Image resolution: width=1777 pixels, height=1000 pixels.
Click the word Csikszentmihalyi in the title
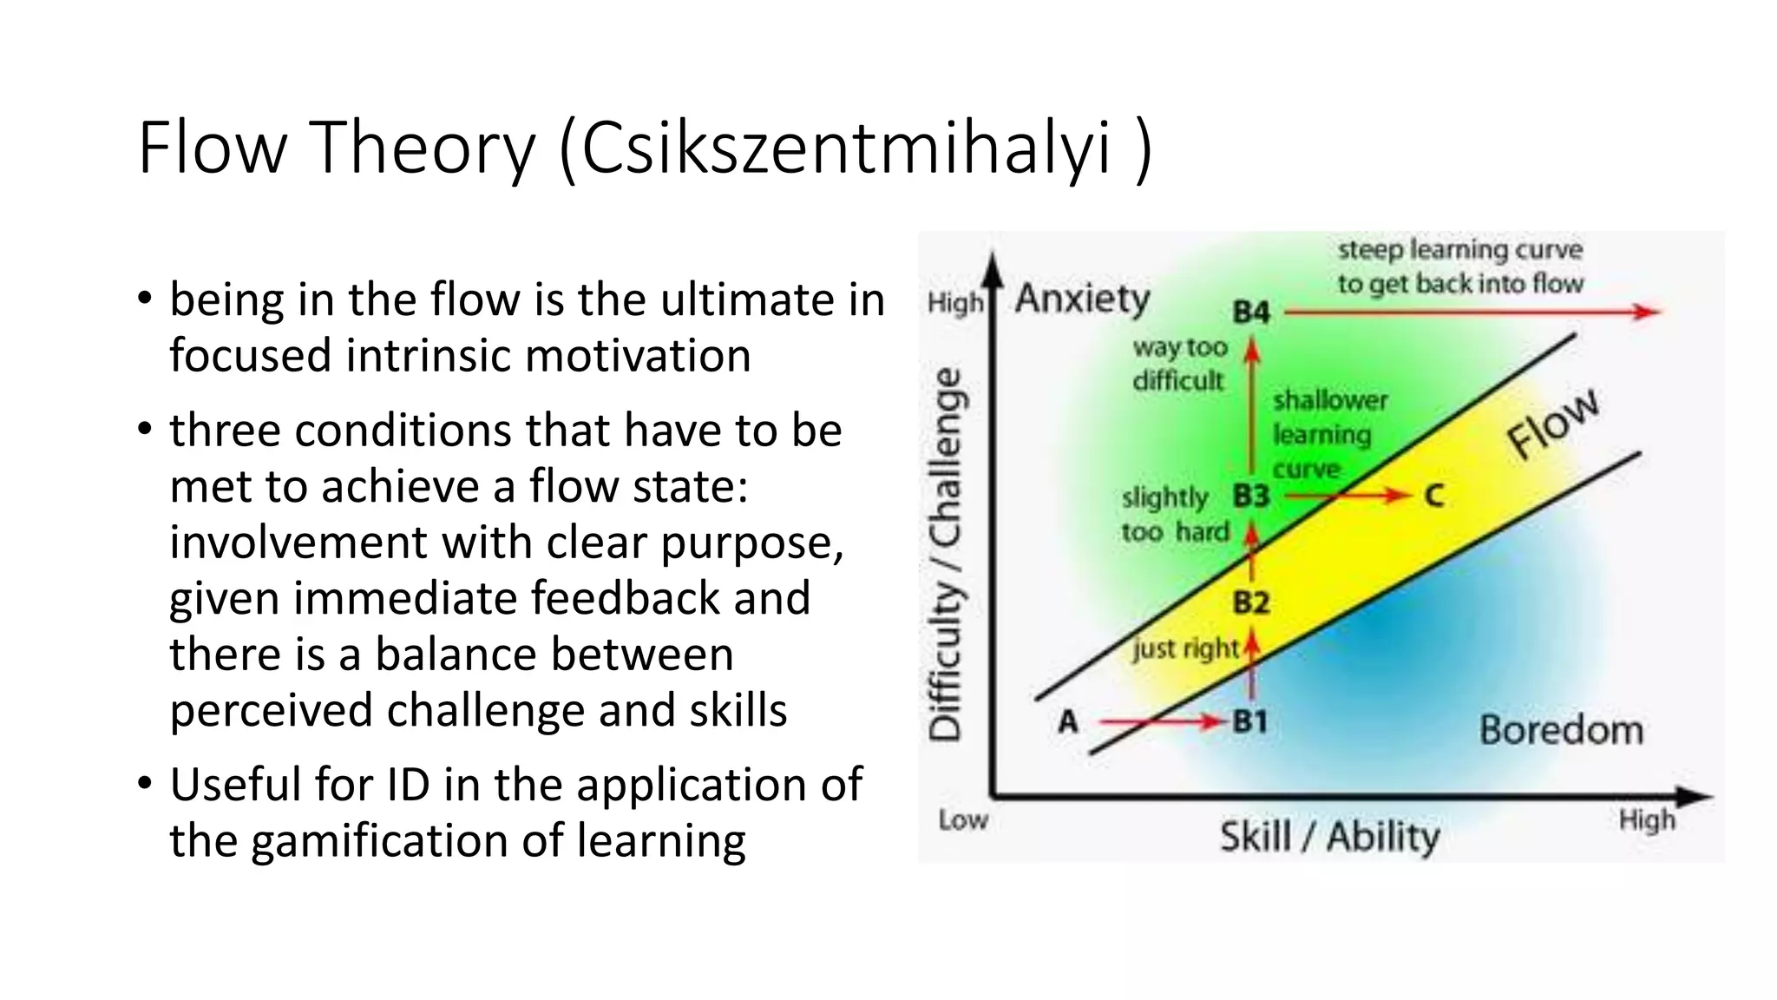[846, 149]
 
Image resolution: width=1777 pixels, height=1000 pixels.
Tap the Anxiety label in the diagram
[1082, 299]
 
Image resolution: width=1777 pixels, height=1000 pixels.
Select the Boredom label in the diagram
[1561, 730]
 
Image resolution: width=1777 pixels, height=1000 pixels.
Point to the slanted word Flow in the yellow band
[1552, 423]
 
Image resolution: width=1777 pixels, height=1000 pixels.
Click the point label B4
[1250, 312]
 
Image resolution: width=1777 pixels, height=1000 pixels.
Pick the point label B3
[1250, 497]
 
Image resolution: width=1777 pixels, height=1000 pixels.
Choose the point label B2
[1250, 602]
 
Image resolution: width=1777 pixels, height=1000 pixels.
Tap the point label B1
[1249, 721]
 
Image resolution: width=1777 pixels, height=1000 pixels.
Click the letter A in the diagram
[1068, 721]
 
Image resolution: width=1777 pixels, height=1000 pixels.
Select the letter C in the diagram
[1433, 497]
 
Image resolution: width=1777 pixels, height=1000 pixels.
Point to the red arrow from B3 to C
[1345, 497]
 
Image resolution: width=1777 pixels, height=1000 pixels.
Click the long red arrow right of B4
[1471, 312]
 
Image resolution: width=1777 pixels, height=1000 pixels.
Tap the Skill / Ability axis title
[1329, 837]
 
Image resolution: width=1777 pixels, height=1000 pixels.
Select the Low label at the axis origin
[962, 819]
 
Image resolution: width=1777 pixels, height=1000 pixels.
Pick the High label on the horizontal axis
[1646, 819]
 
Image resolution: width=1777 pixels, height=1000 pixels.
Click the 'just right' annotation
[1185, 648]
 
